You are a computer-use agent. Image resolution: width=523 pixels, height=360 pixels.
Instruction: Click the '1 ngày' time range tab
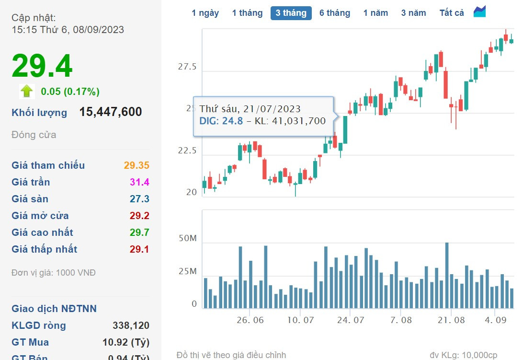[205, 13]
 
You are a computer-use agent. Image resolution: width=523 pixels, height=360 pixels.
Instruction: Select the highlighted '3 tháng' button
[291, 13]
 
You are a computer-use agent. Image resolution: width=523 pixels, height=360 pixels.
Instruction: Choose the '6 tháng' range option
[335, 13]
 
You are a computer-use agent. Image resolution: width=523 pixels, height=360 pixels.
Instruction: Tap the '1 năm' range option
[375, 13]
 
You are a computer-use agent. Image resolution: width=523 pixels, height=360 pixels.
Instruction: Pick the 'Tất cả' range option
[452, 13]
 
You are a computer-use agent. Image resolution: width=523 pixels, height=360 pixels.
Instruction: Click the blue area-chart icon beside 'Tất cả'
[479, 12]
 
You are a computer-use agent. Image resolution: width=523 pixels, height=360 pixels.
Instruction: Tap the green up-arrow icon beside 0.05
[27, 91]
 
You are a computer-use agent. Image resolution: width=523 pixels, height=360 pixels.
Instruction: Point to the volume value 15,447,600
[111, 112]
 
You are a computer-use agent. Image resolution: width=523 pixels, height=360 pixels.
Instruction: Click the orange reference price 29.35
[136, 165]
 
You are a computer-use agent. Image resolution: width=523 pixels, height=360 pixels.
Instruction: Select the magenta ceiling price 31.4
[139, 182]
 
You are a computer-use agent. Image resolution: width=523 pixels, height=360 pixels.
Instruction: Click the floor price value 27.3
[139, 199]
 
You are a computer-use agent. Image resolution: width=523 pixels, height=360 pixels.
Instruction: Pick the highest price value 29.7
[139, 232]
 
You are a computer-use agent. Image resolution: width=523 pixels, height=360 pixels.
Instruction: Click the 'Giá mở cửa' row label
[40, 216]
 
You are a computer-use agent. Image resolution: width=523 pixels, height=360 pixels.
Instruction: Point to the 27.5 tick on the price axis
[187, 67]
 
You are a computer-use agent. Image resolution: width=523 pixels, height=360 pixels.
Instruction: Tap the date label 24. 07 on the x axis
[350, 320]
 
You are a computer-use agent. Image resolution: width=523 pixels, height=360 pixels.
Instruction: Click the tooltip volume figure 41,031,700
[298, 121]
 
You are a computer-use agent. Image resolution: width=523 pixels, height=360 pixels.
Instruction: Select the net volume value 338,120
[131, 325]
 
